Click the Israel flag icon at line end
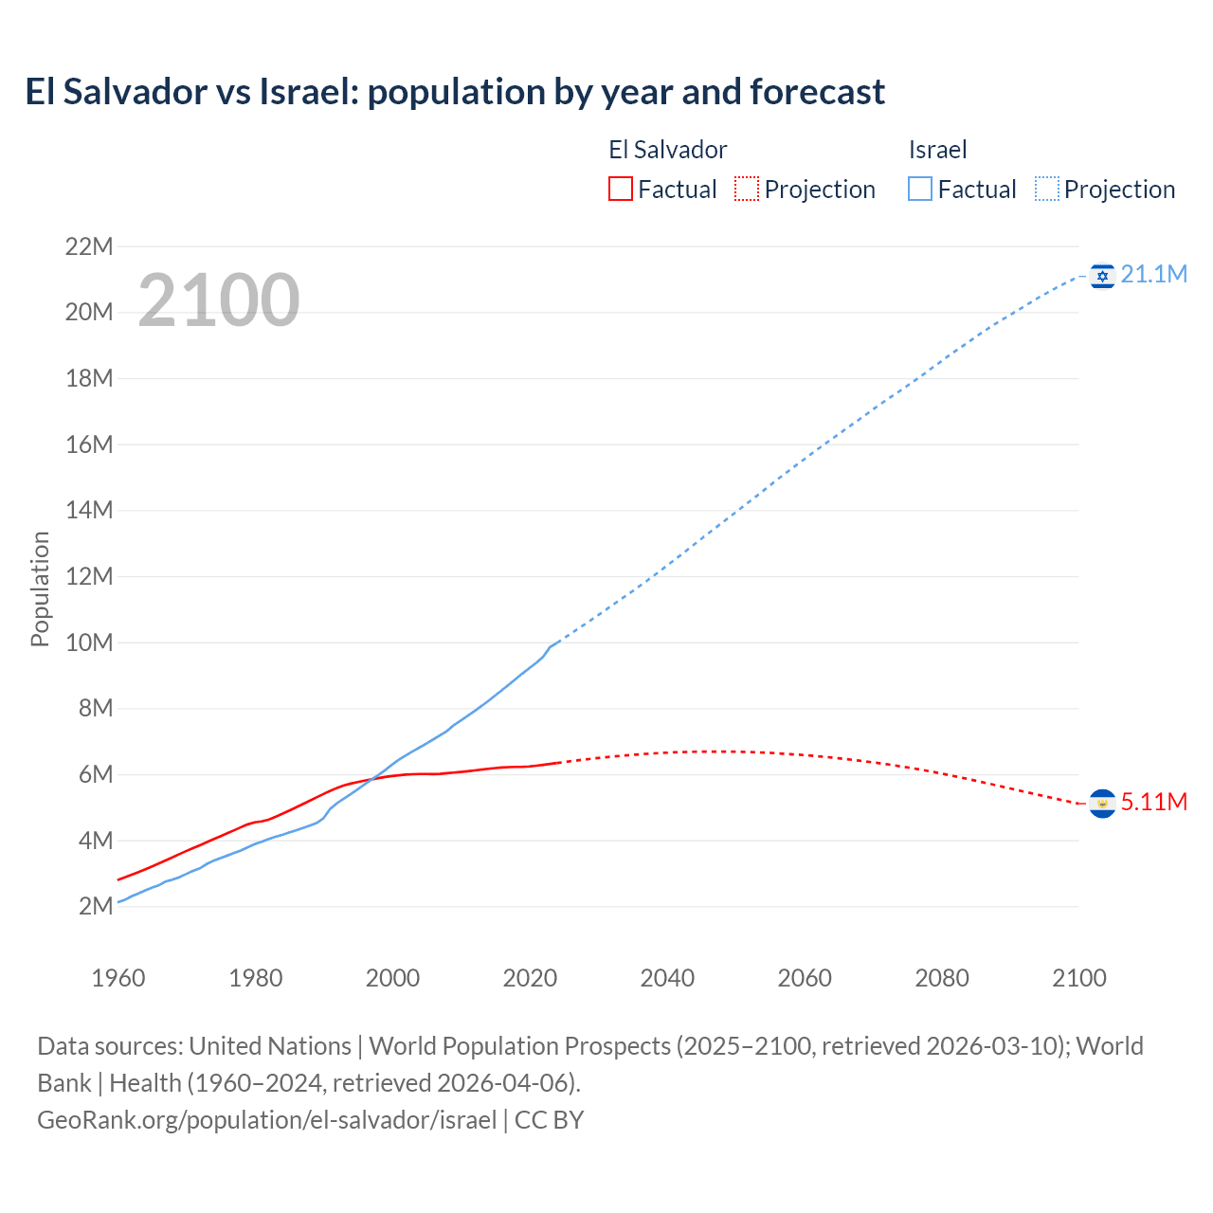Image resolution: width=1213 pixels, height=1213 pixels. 1102,276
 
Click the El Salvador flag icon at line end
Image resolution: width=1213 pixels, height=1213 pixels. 1102,804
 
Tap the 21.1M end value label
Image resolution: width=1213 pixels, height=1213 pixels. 1153,275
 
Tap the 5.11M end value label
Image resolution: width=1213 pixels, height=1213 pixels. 1153,803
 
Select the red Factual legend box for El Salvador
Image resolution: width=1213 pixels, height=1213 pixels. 620,190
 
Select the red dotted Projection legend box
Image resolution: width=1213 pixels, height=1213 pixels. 747,190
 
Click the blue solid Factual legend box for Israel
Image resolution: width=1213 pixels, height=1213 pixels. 919,190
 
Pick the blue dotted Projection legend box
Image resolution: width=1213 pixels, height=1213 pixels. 1047,190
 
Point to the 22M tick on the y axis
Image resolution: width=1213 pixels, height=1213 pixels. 89,247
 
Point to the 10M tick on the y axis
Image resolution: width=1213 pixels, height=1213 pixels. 89,643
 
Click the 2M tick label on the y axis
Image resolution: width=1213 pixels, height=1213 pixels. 96,907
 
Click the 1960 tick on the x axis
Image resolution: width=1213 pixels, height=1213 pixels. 118,978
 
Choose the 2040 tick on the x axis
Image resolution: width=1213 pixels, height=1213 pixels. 667,978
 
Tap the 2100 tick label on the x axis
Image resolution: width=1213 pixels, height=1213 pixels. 1078,978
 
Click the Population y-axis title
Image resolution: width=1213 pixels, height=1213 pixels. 40,588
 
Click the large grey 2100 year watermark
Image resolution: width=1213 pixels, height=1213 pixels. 219,300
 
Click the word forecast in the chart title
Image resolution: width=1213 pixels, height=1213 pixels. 817,92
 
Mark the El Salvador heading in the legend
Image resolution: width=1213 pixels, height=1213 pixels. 667,150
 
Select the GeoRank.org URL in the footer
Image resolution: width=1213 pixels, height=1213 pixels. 266,1120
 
